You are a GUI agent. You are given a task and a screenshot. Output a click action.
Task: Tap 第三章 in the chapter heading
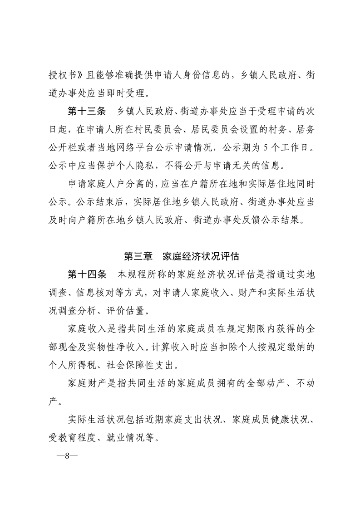coord(139,256)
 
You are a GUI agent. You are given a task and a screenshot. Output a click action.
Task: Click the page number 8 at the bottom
coord(67,456)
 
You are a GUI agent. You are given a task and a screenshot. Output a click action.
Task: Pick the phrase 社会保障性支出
coord(138,364)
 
